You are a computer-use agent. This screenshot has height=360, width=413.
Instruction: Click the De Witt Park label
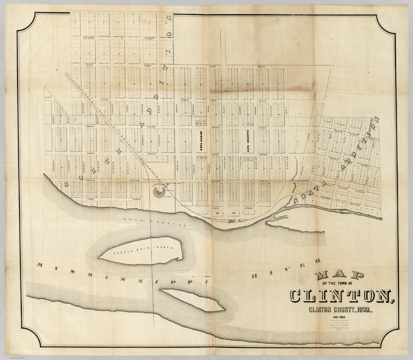pos(201,141)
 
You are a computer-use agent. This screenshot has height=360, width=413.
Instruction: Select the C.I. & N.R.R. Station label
pos(160,185)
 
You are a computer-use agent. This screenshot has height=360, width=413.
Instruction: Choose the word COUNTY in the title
pos(341,310)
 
